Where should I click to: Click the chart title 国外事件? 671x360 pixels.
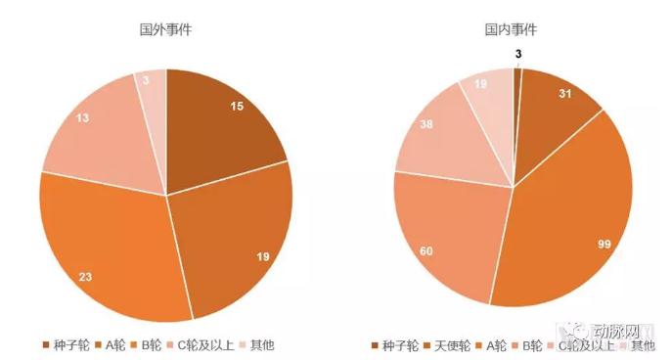click(x=165, y=29)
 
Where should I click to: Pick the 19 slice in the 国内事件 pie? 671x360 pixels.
click(x=484, y=93)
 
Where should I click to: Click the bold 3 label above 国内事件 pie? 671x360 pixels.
click(x=518, y=54)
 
